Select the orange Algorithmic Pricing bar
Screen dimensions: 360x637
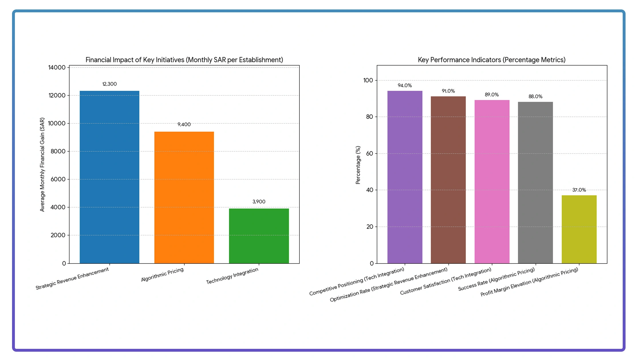click(x=184, y=197)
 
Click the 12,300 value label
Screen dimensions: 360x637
click(x=109, y=84)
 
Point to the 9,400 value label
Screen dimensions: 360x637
click(x=184, y=124)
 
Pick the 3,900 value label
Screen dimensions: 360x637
click(x=259, y=202)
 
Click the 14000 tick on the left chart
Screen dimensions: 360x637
click(x=57, y=67)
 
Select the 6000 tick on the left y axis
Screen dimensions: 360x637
click(x=58, y=179)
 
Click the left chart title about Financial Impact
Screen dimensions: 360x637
click(x=184, y=60)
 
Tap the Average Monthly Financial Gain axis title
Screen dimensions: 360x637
click(x=42, y=164)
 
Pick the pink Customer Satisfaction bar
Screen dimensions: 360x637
click(x=492, y=182)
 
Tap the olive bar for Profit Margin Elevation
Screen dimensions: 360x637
click(x=579, y=229)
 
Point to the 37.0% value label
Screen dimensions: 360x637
click(x=579, y=190)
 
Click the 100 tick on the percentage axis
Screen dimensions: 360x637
click(x=368, y=80)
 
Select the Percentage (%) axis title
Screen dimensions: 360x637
click(x=358, y=165)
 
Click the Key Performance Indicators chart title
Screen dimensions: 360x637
click(x=492, y=60)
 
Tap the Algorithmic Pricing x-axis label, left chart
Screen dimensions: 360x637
click(x=162, y=275)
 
